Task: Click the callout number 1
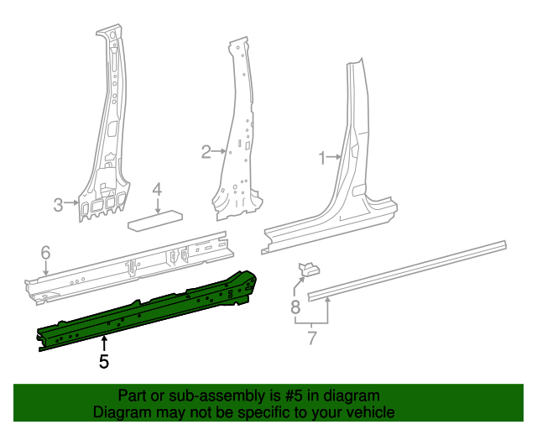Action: coord(321,156)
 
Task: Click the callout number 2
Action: coord(206,152)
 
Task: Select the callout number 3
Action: coord(59,203)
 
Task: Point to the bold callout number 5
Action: coord(104,362)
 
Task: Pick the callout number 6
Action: coord(46,252)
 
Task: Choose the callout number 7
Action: coord(312,338)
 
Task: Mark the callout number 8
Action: coord(295,307)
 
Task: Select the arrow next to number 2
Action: coord(221,152)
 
